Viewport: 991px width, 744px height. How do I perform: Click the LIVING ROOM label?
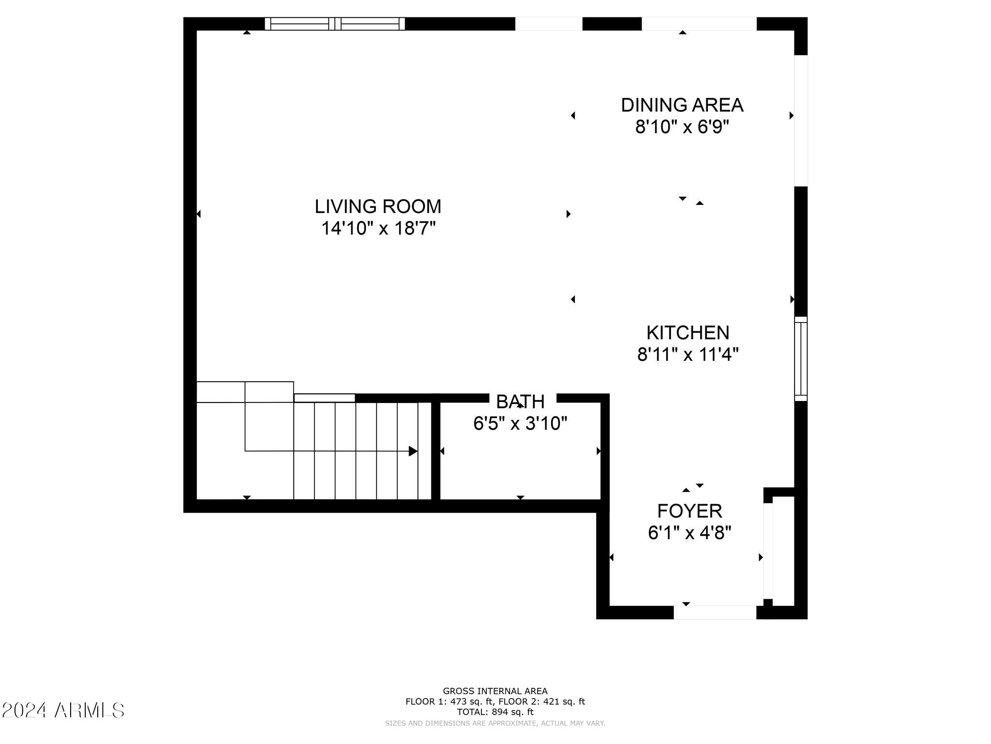378,207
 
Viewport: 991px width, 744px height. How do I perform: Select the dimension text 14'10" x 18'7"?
378,228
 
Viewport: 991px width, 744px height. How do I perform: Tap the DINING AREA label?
682,105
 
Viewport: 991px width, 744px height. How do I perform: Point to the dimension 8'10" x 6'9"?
682,127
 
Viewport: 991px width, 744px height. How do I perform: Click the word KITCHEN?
688,333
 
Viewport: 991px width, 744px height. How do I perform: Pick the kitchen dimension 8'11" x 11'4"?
688,355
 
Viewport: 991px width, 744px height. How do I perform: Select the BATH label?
520,402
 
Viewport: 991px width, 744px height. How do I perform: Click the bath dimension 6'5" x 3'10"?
520,423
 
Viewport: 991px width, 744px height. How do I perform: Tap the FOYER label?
690,511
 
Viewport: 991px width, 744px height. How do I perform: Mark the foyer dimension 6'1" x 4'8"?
690,533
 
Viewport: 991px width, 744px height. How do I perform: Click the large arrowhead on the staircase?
413,451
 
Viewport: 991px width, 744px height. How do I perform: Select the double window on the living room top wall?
335,24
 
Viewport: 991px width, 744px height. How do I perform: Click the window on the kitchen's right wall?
801,358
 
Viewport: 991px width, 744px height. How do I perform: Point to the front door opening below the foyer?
715,612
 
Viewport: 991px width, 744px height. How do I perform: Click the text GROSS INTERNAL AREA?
495,691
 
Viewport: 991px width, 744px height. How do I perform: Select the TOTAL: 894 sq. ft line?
495,712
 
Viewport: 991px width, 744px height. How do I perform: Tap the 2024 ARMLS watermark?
63,711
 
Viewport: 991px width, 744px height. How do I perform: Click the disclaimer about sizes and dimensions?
495,723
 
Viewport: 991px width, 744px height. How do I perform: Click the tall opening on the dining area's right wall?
801,121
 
